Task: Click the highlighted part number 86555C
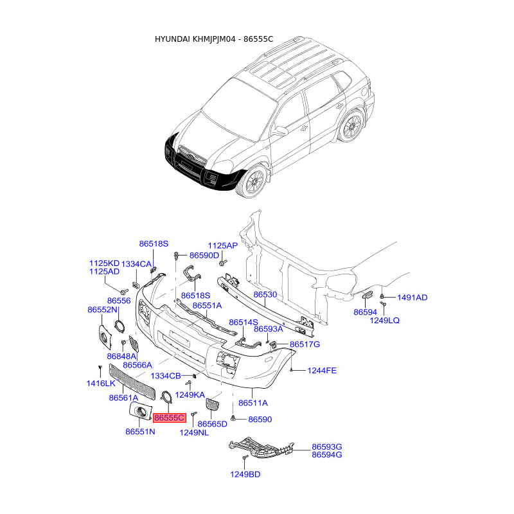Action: [170, 418]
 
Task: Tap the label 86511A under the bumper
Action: [253, 403]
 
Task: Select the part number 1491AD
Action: [412, 297]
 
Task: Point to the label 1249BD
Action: [245, 474]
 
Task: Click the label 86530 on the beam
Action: [265, 294]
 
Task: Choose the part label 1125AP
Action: [222, 245]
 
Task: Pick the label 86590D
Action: [204, 255]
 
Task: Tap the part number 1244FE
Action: [322, 371]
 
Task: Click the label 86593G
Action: [326, 447]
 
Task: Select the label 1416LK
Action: [101, 383]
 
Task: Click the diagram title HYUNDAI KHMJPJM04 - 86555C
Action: [214, 39]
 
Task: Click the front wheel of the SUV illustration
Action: [255, 181]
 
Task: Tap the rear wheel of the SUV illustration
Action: [351, 125]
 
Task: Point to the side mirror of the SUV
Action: [279, 131]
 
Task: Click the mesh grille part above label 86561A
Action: [132, 382]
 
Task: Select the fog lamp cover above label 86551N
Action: [140, 411]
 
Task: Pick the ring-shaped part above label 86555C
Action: [168, 396]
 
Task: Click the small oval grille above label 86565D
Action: [213, 404]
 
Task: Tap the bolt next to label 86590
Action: [233, 418]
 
